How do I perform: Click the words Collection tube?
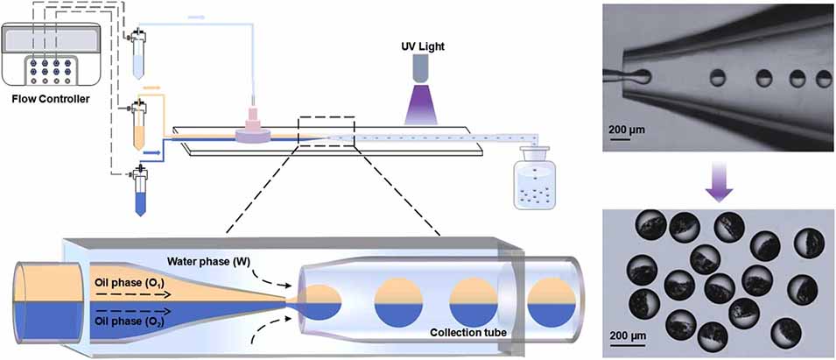pos(468,333)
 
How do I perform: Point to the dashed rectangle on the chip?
pos(326,134)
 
